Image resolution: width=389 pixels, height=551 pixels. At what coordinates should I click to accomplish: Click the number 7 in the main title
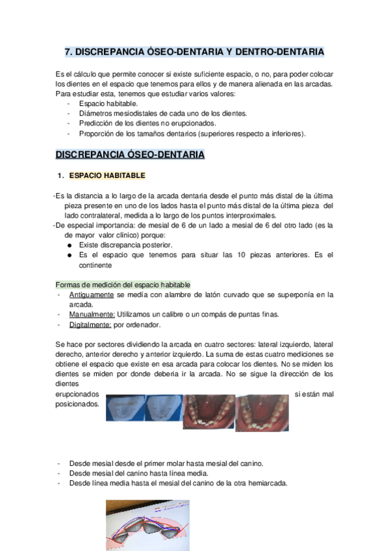[69, 51]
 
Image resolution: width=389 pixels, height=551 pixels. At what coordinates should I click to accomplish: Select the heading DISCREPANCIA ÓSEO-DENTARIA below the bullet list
[130, 155]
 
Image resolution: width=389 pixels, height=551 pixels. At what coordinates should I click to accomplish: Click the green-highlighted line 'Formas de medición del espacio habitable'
[123, 285]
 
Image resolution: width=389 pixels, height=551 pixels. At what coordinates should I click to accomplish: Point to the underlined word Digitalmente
[90, 324]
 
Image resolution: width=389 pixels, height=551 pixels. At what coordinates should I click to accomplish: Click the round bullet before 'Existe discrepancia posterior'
[69, 245]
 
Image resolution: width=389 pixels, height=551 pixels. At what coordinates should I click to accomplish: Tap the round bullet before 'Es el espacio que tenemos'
[69, 255]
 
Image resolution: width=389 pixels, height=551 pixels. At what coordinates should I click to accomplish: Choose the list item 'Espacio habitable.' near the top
[108, 103]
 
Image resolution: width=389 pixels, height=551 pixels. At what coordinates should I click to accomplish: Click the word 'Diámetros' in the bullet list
[96, 113]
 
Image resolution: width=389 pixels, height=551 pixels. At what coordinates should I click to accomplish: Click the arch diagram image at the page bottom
[148, 530]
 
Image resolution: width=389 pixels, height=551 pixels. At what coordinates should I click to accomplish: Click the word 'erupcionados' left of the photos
[78, 394]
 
